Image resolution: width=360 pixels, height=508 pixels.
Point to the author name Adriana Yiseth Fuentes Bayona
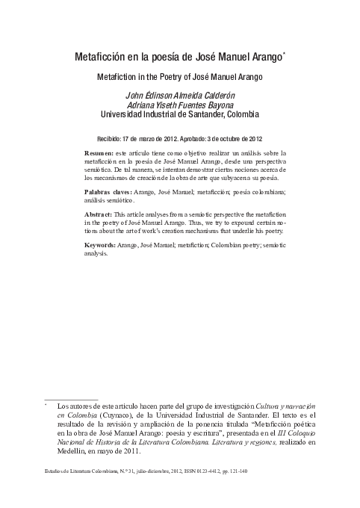[x=180, y=105]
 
